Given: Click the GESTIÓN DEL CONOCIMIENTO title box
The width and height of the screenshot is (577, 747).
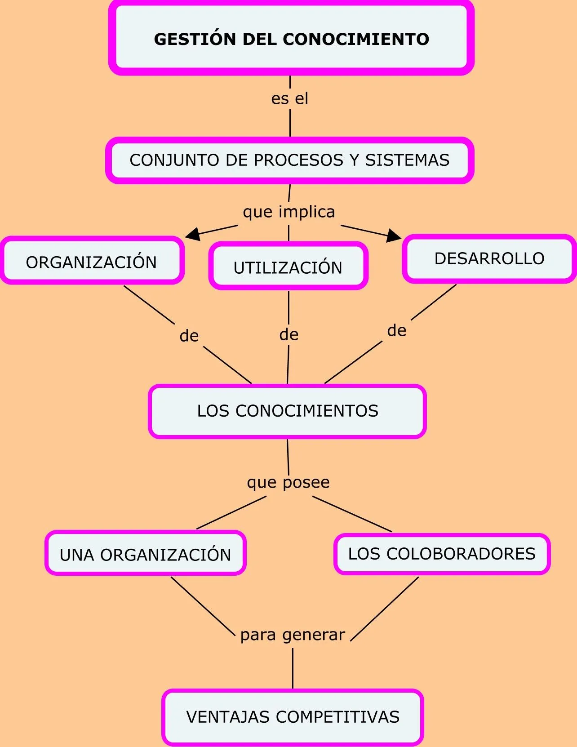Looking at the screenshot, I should point(291,39).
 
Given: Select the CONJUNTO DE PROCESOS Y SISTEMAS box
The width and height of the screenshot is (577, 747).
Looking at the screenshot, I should point(290,160).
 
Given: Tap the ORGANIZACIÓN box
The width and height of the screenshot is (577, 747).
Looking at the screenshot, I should point(92,261).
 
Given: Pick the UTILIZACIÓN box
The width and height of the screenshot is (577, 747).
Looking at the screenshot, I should point(288,267).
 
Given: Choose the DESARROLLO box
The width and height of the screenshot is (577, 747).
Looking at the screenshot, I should point(489,258).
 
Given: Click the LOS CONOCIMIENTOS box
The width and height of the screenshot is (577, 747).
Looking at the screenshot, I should point(288,411).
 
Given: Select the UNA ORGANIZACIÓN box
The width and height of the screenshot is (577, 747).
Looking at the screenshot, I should point(145,554).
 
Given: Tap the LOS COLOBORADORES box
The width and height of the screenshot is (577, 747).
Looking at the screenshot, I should point(442,554).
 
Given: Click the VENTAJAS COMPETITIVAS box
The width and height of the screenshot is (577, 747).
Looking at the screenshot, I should point(293,716).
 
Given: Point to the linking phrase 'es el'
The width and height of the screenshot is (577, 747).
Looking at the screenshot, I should point(290,98).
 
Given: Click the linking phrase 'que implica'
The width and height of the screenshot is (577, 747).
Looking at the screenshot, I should point(289,212).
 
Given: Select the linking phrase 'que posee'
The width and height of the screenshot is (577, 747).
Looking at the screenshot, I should point(288,482).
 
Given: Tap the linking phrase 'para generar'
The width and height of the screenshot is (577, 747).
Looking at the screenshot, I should point(293,635).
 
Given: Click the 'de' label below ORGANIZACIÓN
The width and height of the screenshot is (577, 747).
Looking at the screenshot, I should point(189,336).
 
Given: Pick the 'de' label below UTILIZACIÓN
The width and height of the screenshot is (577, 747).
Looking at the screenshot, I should point(288,334).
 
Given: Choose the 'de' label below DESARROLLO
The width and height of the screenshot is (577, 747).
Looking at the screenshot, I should point(397,330).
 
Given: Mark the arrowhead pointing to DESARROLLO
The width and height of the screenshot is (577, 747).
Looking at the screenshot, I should point(393,235).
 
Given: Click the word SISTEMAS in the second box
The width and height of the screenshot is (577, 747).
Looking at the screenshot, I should point(407,160).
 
